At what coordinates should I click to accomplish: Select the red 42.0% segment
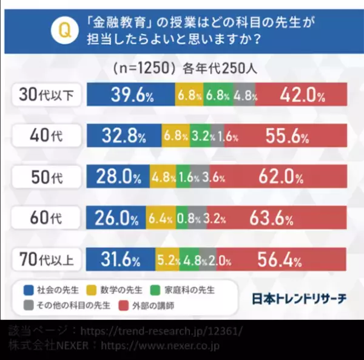pyautogui.click(x=301, y=95)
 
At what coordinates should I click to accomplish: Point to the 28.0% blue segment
pyautogui.click(x=118, y=177)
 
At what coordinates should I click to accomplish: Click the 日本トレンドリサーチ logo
pyautogui.click(x=299, y=299)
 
